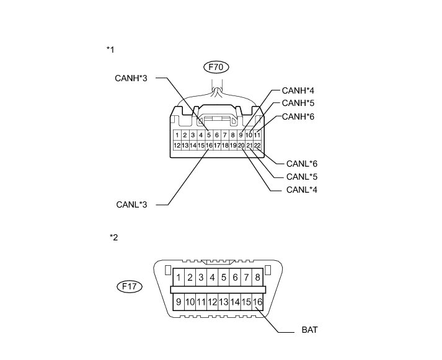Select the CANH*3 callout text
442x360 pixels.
pyautogui.click(x=130, y=79)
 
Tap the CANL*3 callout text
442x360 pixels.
pyautogui.click(x=131, y=203)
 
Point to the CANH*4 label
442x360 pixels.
pyautogui.click(x=298, y=90)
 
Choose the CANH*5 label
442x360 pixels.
pyautogui.click(x=298, y=103)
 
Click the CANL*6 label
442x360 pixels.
pyautogui.click(x=302, y=164)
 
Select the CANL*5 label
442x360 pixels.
pyautogui.click(x=302, y=177)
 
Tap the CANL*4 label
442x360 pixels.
pyautogui.click(x=302, y=189)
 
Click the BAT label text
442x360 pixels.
pyautogui.click(x=310, y=330)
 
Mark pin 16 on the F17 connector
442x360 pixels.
pyautogui.click(x=258, y=302)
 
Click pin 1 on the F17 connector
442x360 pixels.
pyautogui.click(x=179, y=278)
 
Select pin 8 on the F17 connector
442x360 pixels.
pyautogui.click(x=257, y=278)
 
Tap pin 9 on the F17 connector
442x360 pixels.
pyautogui.click(x=179, y=302)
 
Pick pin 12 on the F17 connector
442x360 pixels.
pyautogui.click(x=213, y=302)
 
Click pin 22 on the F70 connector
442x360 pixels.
pyautogui.click(x=257, y=146)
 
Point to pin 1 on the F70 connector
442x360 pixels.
pyautogui.click(x=177, y=135)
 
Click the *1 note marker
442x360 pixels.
pyautogui.click(x=110, y=48)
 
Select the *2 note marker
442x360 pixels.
pyautogui.click(x=113, y=237)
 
